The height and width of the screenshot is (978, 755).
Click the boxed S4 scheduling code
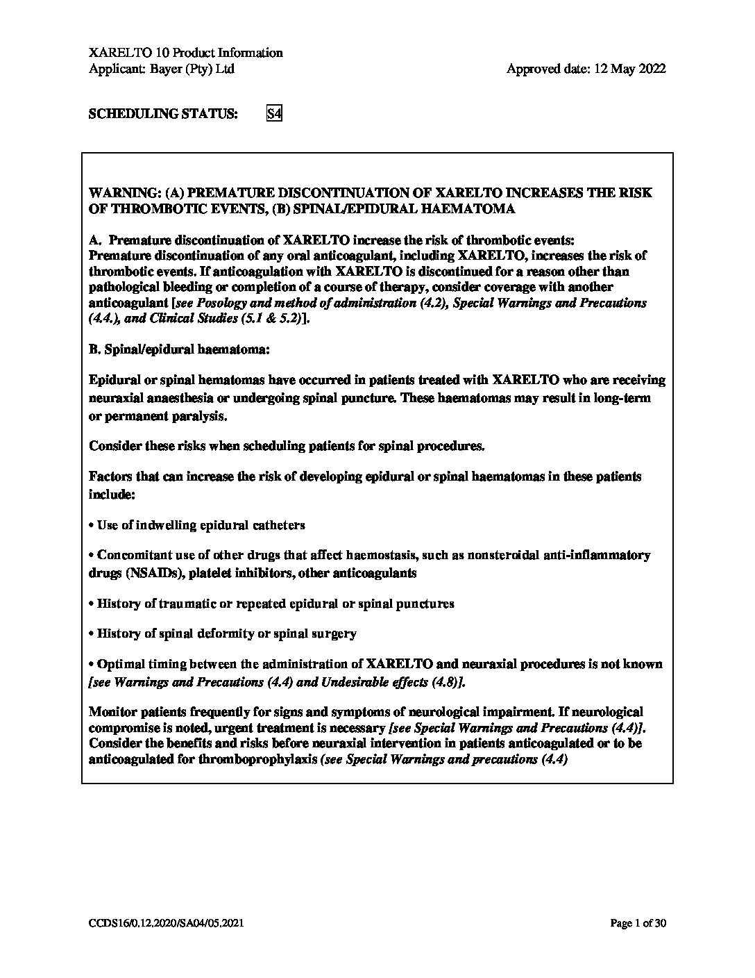tap(274, 114)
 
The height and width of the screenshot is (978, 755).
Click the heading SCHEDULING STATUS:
tap(162, 114)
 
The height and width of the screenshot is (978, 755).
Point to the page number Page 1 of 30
tap(638, 923)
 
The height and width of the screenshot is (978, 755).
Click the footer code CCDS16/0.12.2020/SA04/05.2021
tap(166, 923)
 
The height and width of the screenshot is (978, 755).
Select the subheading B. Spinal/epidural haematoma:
tap(178, 350)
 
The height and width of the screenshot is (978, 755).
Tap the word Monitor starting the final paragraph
tap(113, 712)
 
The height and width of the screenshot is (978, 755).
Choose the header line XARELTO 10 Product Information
tap(186, 53)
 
